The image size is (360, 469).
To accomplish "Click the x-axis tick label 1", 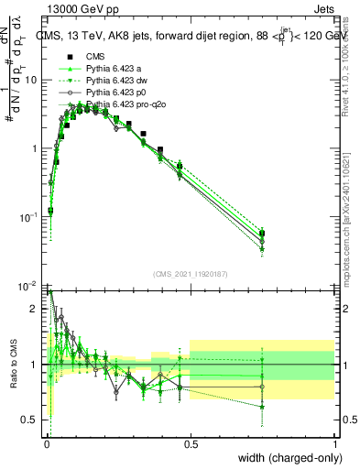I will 334,444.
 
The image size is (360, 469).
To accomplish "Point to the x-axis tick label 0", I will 46,444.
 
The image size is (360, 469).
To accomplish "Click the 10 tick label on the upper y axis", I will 30,80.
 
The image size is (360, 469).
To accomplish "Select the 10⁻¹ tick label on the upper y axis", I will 28,217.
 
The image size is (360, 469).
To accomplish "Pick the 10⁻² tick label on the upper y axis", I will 28,286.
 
